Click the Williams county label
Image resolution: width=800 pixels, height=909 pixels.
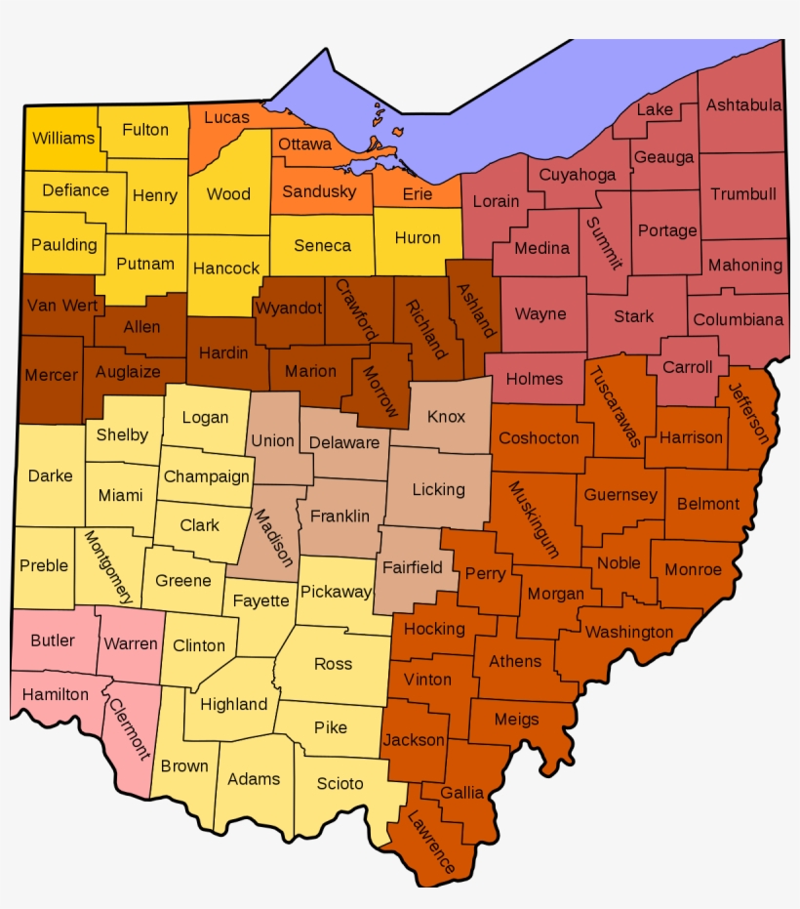[x=63, y=139]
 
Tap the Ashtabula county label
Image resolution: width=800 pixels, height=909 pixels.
[x=743, y=105]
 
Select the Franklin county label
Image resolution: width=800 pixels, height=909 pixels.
[x=340, y=516]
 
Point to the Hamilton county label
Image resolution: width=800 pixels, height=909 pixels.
[x=55, y=695]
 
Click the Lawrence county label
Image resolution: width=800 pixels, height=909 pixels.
[x=430, y=842]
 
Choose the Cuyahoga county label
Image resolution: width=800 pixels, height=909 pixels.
[x=578, y=175]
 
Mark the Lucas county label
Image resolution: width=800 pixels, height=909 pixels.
[x=226, y=117]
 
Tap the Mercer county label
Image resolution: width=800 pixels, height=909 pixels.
[x=51, y=375]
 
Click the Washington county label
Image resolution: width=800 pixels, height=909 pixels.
[x=629, y=632]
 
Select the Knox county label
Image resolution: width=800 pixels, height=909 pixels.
[x=446, y=417]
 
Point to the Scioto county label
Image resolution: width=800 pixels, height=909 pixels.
[x=340, y=783]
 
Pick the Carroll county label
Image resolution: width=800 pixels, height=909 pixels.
[x=688, y=367]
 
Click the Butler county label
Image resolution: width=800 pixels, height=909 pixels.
[x=53, y=640]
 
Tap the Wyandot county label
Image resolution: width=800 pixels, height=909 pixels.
[x=288, y=309]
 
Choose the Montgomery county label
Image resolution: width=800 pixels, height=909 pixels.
[x=107, y=567]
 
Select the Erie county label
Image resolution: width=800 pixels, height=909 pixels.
[x=417, y=194]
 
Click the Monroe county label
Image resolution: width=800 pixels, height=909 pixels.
[x=693, y=569]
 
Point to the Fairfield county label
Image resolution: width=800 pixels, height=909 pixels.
[x=412, y=567]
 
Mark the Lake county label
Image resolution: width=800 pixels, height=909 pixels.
[x=655, y=109]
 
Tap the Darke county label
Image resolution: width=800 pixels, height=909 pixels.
[x=50, y=475]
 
